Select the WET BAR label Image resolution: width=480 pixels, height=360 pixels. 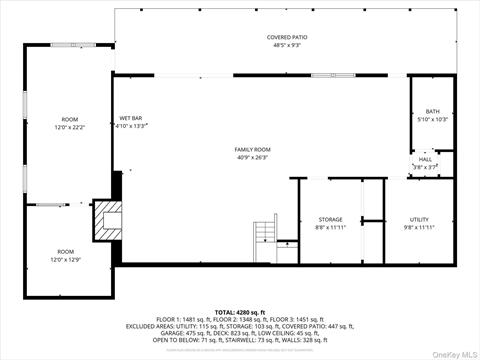coord(131,118)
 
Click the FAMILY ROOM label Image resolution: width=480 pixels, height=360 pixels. coord(254,149)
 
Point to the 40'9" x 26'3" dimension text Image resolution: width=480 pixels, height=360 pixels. coord(254,157)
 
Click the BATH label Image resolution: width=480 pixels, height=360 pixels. coord(432,111)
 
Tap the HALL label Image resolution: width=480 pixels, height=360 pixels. coord(425,159)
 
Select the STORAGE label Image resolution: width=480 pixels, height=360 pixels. coord(331,219)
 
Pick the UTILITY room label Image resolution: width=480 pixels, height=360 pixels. coord(419,219)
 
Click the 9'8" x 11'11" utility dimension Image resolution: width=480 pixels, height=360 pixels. coord(419,227)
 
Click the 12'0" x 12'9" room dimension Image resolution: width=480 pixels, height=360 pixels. coord(66,259)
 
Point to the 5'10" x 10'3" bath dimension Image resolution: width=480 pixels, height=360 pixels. coord(432,119)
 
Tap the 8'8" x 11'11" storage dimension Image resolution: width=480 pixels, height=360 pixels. coord(331,227)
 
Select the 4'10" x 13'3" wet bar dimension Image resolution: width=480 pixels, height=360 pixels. coord(131,126)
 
